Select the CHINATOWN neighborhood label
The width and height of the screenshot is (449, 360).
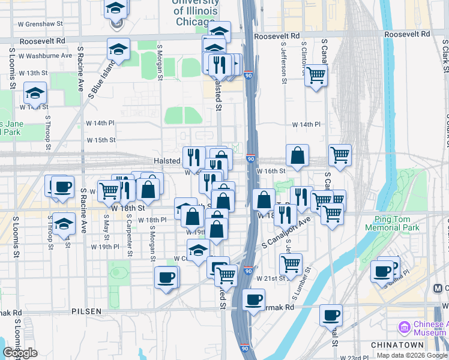click(397, 345)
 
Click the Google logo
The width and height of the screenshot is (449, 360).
click(20, 353)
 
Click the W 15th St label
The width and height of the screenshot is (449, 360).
click(101, 140)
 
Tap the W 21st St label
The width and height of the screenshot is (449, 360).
click(269, 279)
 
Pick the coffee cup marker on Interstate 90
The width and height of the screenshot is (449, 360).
click(253, 299)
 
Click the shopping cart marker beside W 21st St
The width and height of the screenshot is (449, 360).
click(291, 263)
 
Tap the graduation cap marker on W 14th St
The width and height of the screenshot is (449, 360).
click(35, 94)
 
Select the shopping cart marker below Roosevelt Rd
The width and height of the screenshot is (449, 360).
click(316, 76)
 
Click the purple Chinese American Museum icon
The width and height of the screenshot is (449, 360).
click(404, 328)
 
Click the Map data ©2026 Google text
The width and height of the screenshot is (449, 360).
click(411, 355)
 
